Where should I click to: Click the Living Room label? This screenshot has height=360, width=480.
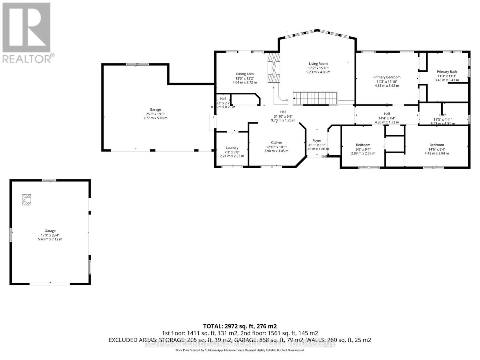318,64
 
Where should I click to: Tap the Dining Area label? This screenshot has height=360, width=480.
244,74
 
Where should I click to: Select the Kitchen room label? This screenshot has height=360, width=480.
276,142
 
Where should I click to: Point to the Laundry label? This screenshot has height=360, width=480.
232,148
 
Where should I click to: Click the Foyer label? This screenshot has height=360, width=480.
317,140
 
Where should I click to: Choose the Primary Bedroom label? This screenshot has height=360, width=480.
387,77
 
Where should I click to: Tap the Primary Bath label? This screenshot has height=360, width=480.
447,72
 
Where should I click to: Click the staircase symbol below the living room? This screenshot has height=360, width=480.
315,98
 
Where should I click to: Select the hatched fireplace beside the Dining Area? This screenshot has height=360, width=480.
274,67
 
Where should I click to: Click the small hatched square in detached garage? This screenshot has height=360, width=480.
26,200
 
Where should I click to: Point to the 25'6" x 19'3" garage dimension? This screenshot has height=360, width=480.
155,114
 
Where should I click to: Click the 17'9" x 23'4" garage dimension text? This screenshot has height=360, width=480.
50,235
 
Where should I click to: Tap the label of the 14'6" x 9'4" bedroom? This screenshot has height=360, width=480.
436,145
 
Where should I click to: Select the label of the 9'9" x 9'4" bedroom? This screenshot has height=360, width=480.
363,145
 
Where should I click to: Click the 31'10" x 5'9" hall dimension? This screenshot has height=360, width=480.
283,116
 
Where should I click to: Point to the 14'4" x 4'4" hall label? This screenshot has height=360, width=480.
387,114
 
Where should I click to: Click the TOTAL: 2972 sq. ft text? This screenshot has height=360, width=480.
240,326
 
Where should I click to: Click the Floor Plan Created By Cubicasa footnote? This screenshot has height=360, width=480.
240,350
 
